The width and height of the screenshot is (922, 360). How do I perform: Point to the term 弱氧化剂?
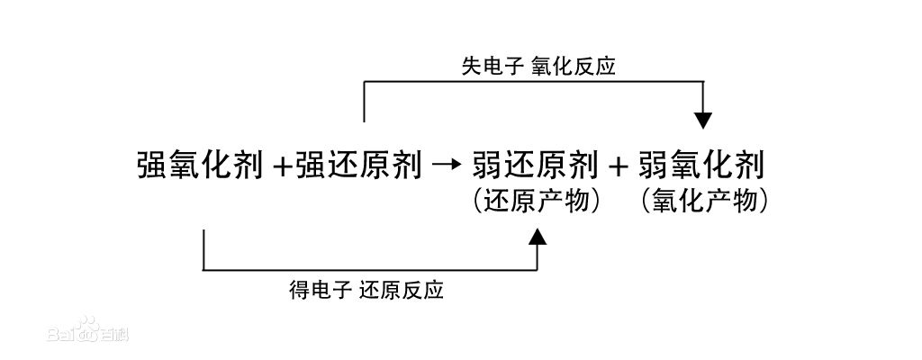(702, 166)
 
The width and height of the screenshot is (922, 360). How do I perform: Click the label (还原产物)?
(536, 201)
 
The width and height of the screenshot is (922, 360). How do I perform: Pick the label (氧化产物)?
(704, 201)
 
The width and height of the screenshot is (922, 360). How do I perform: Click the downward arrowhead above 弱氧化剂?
(704, 120)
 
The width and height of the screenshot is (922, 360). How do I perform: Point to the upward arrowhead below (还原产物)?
(538, 238)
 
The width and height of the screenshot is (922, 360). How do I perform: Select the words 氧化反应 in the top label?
(574, 67)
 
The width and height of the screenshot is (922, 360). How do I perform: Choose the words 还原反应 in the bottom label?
(402, 291)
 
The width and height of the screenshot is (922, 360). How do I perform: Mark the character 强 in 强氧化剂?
(152, 166)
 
